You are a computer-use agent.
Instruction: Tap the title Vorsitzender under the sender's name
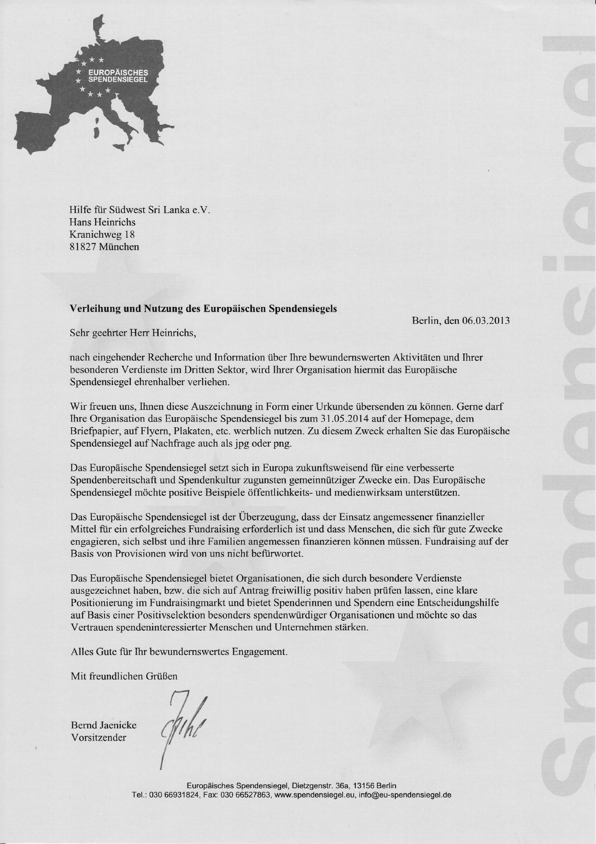coord(98,737)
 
